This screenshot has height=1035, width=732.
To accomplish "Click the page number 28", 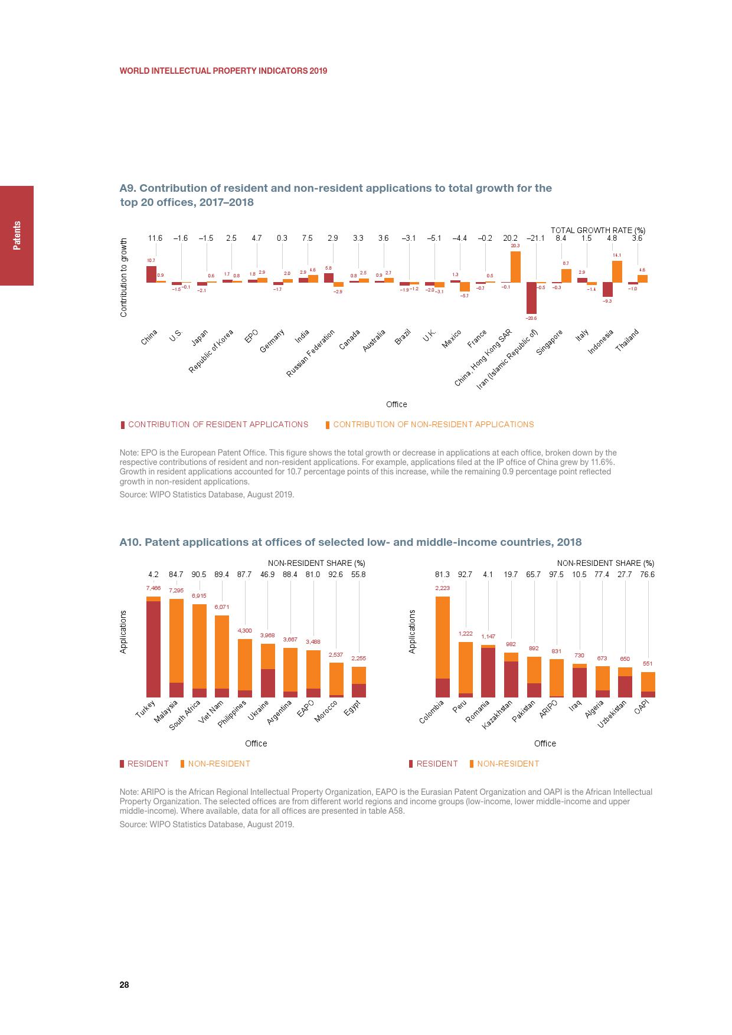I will pos(125,985).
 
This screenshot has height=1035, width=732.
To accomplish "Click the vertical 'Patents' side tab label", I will pos(17,235).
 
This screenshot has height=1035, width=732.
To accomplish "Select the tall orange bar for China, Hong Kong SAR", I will pos(515,267).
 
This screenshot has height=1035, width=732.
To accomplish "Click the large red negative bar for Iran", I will pos(531,298).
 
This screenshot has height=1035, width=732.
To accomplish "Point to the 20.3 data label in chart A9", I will pos(515,245).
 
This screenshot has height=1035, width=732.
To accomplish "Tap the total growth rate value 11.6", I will pos(155,238).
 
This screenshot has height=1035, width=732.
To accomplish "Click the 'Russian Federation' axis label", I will pos(311,353).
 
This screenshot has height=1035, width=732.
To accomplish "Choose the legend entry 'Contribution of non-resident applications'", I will pos(433,425).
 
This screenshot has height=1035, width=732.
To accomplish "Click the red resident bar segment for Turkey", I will pos(153,649).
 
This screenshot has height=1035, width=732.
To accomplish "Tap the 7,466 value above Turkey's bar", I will pos(153,588).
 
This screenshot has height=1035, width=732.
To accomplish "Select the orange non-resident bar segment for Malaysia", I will pos(177,641).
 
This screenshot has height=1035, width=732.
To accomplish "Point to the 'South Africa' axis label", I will pos(185,715).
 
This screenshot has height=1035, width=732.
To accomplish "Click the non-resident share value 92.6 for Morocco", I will pos(336,575).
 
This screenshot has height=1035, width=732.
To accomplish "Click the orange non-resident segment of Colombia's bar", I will pos(443,637).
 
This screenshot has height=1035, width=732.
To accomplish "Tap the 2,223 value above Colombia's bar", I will pos(443,588).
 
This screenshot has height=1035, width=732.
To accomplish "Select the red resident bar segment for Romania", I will pos(488,673).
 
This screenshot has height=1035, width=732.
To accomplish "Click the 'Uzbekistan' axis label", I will pos(612,714).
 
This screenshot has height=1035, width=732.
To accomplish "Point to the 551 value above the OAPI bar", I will pos(648,664).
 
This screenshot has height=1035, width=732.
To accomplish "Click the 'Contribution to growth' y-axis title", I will pos(124,277).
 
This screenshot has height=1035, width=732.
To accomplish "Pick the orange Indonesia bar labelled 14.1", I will pos(617,272).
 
